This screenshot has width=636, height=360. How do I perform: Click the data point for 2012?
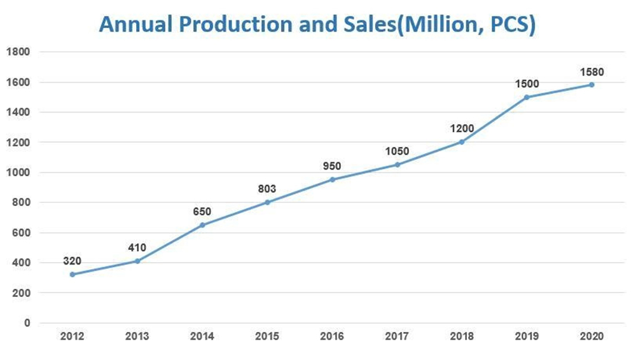[x=73, y=274]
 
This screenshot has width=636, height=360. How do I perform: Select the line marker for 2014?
[x=202, y=225]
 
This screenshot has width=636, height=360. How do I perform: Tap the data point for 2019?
[x=527, y=97]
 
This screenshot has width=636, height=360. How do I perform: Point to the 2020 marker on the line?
[x=591, y=85]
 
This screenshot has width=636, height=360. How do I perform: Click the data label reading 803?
[x=267, y=189]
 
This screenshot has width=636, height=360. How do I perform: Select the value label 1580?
[x=591, y=72]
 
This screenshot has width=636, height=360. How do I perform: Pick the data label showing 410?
[x=137, y=247]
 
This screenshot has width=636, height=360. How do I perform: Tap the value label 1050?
[x=397, y=151]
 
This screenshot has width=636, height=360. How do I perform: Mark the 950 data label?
[x=332, y=166]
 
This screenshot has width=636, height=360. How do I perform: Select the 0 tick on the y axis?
[x=27, y=323]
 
